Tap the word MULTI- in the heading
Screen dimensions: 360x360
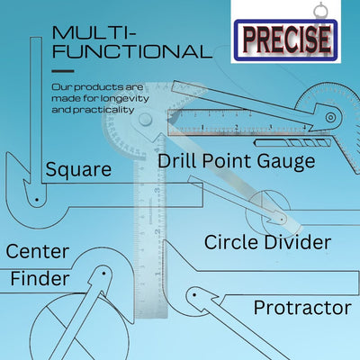click(94, 33)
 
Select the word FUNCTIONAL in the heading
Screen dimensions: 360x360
click(132, 51)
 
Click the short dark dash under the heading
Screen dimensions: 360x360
click(63, 71)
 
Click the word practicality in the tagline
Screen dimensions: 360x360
click(103, 110)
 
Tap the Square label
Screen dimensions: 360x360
click(78, 170)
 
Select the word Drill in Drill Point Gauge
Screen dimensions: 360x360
click(177, 160)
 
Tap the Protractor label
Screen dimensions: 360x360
click(302, 308)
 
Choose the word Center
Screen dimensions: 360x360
click(38, 252)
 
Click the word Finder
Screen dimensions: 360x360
click(40, 279)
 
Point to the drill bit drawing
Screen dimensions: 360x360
click(293, 142)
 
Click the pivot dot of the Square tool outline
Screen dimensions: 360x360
click(37, 200)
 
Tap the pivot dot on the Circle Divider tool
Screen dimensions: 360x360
click(282, 220)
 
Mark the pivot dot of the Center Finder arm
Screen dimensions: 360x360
click(103, 274)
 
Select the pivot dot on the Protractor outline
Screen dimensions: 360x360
click(194, 295)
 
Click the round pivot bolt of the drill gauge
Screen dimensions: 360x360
click(330, 117)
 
